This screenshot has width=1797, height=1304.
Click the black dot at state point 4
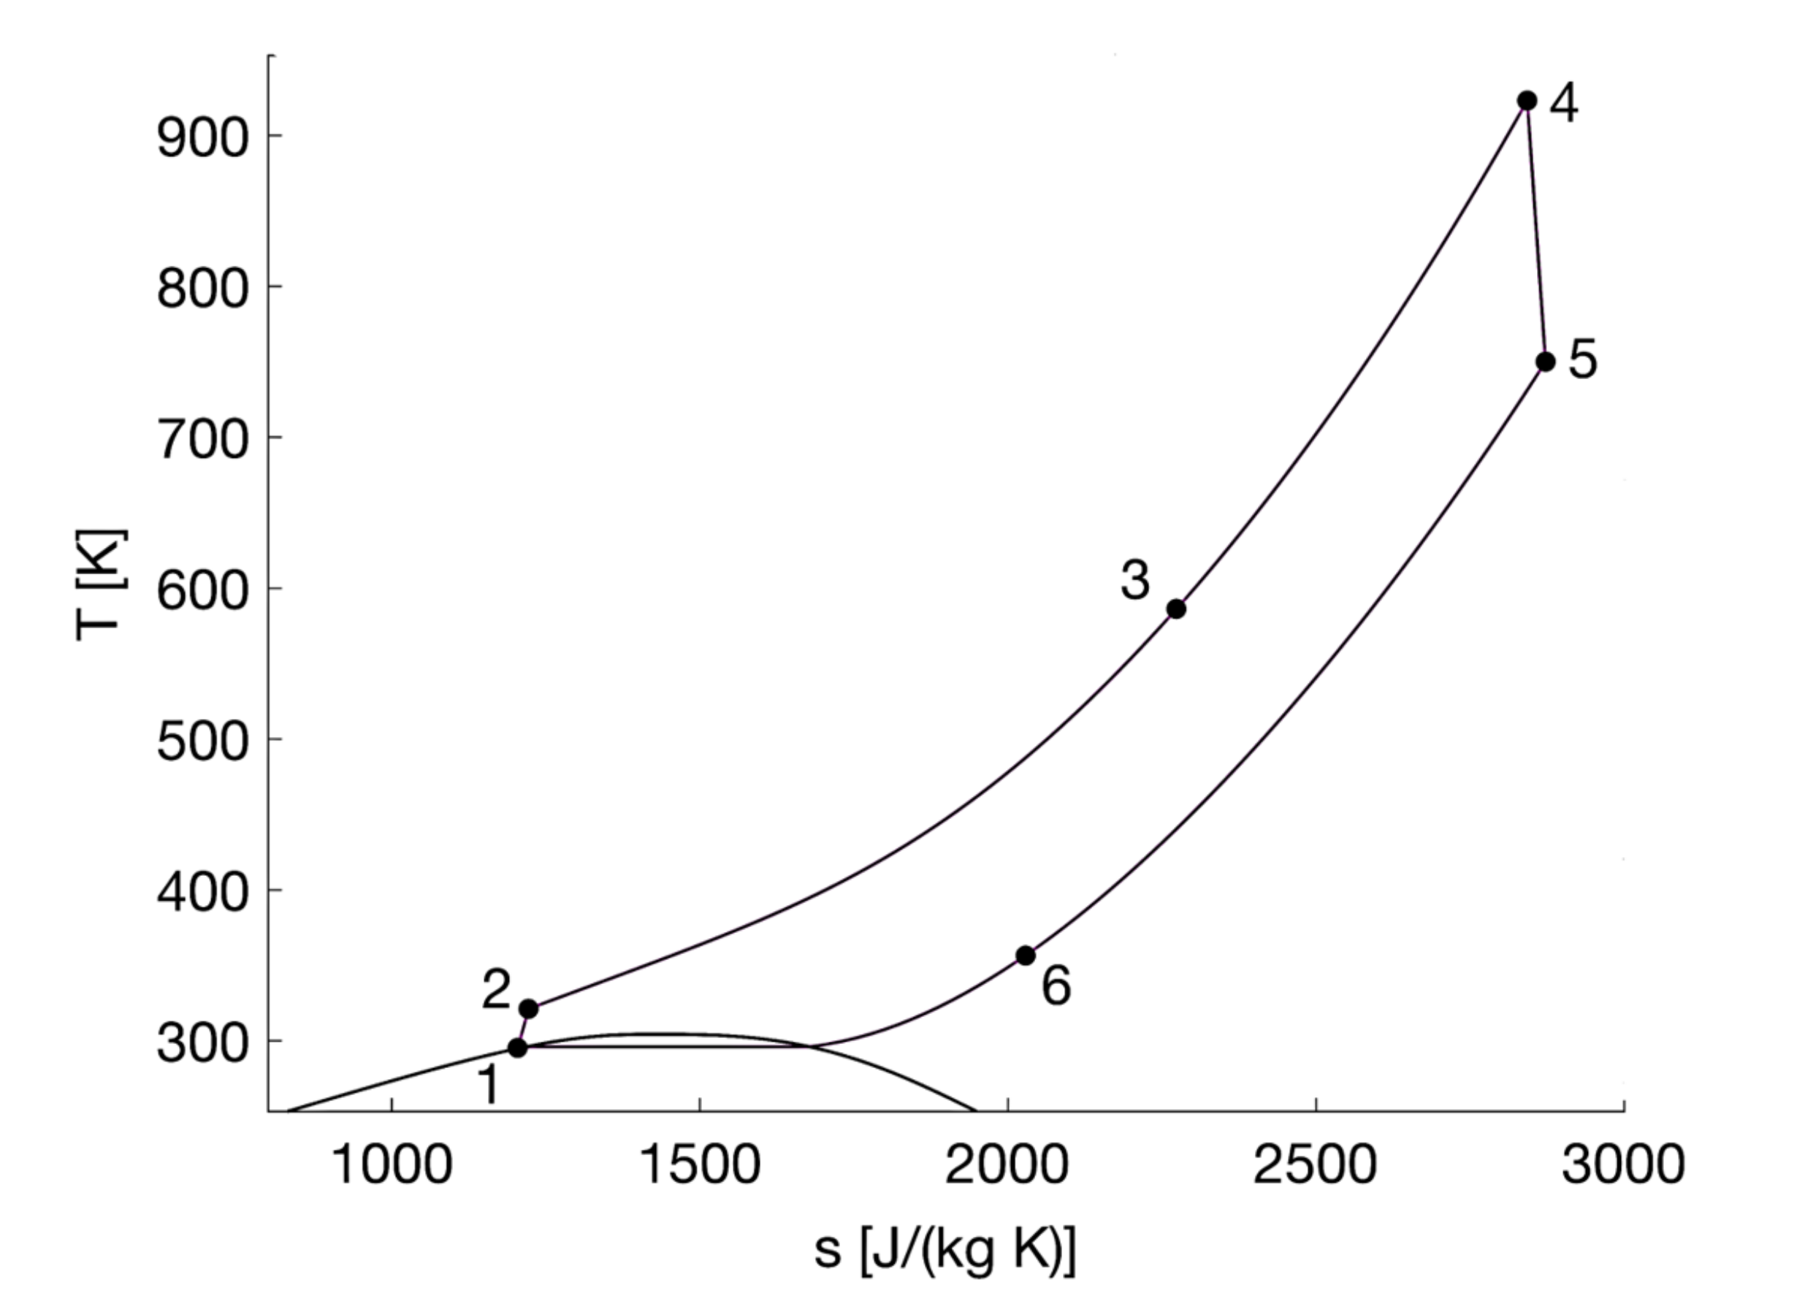(1527, 102)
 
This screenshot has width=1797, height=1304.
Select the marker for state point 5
(1545, 362)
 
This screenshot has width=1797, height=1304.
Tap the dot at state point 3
(1177, 609)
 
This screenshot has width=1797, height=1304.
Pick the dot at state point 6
(1026, 956)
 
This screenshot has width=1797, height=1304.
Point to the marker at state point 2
(528, 1009)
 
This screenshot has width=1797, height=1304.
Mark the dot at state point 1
(517, 1048)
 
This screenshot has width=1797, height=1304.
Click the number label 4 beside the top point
(1564, 104)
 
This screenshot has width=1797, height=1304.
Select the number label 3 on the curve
(1134, 580)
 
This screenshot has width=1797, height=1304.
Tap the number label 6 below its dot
(1056, 987)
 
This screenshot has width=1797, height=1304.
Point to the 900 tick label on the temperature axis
(203, 140)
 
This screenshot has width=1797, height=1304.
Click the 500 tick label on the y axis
(203, 743)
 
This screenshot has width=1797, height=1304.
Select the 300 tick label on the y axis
(203, 1044)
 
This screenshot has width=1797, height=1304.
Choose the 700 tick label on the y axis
(203, 441)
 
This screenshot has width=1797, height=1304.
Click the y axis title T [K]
(101, 584)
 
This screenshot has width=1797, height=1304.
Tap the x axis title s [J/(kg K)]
(945, 1251)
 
